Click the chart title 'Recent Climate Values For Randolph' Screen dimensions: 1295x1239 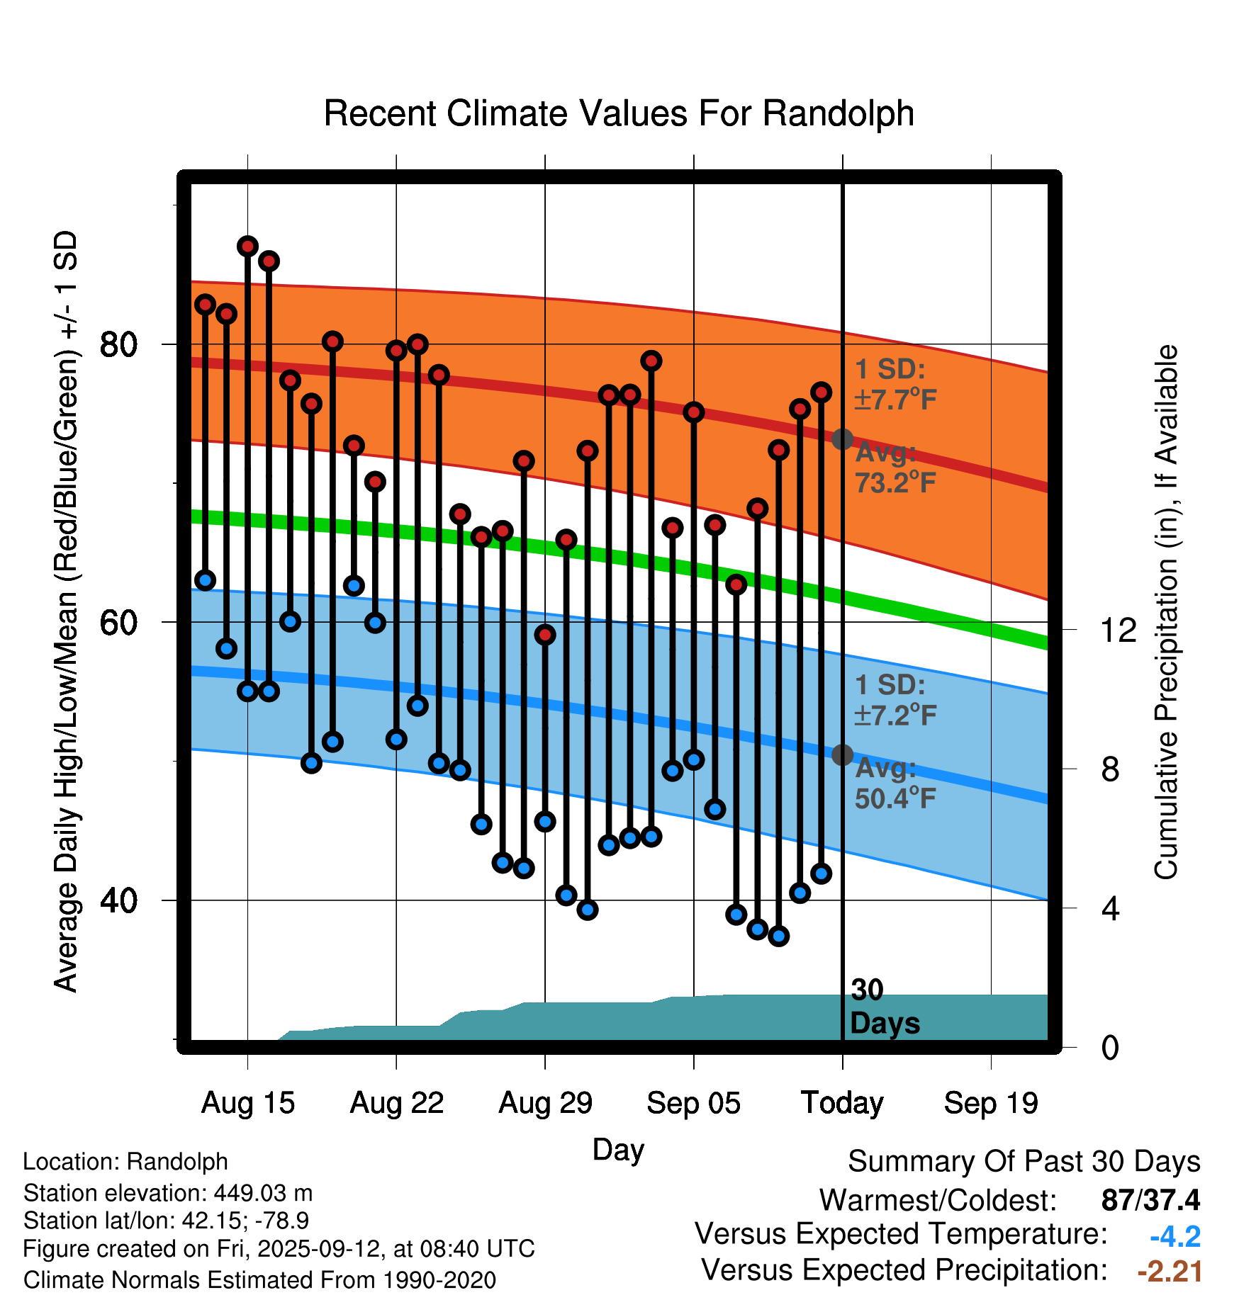[619, 113]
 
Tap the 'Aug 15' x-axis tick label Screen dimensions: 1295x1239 [247, 1103]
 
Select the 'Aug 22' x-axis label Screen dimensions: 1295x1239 [396, 1103]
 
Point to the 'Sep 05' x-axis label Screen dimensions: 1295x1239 [693, 1103]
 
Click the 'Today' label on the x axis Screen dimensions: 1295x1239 [842, 1103]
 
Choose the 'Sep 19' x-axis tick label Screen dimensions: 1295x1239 [991, 1103]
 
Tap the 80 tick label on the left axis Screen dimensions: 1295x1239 [118, 345]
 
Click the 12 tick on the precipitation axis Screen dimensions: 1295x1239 [1119, 630]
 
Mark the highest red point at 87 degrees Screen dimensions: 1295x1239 [247, 247]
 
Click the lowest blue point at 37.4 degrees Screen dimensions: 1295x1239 [778, 936]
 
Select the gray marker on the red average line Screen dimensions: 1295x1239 [842, 439]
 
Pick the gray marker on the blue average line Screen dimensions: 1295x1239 [842, 755]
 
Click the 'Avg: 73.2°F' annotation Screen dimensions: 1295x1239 [895, 468]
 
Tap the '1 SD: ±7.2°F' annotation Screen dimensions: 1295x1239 [895, 700]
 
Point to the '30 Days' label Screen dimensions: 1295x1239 [884, 1007]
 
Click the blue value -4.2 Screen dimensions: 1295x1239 [1175, 1237]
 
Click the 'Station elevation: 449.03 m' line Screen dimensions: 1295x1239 [168, 1193]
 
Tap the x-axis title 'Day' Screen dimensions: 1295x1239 [618, 1149]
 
